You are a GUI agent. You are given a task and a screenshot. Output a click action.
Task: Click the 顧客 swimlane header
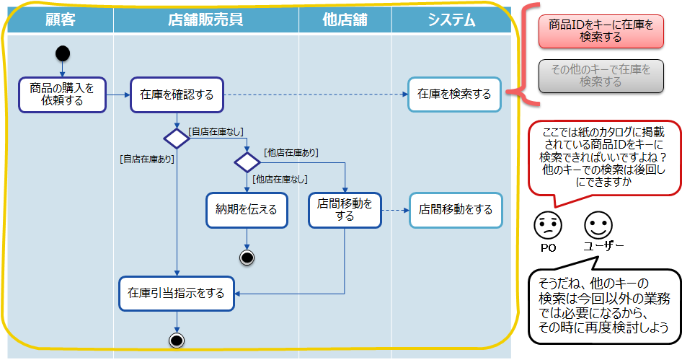click(60, 19)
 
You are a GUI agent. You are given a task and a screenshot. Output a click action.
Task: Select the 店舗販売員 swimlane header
click(205, 19)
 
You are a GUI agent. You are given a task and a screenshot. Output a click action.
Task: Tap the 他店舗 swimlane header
click(345, 19)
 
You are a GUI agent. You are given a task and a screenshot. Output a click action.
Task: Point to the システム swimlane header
click(451, 19)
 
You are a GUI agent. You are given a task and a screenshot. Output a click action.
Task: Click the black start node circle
click(63, 53)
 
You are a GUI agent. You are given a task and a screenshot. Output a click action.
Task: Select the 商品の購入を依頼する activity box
click(62, 95)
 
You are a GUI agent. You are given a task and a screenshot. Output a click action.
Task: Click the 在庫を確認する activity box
click(177, 95)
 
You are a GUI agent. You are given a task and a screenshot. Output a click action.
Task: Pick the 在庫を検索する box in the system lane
click(454, 94)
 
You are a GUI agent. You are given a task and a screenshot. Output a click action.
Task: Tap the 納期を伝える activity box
click(247, 210)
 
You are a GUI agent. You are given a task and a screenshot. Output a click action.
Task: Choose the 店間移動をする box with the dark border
click(345, 210)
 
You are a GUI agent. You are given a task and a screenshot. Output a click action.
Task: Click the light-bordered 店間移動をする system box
click(456, 210)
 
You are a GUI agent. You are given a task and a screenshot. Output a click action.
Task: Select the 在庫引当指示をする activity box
click(177, 294)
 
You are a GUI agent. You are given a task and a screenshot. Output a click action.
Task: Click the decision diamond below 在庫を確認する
click(177, 137)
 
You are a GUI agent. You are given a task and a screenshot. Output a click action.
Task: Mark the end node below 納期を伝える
click(247, 257)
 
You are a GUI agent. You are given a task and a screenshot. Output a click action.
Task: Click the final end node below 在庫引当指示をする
click(177, 340)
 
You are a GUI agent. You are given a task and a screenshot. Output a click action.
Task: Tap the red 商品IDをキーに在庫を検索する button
click(601, 31)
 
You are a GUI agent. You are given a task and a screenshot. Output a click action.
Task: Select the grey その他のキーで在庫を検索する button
click(601, 76)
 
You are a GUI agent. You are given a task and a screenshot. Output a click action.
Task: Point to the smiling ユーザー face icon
click(598, 225)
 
